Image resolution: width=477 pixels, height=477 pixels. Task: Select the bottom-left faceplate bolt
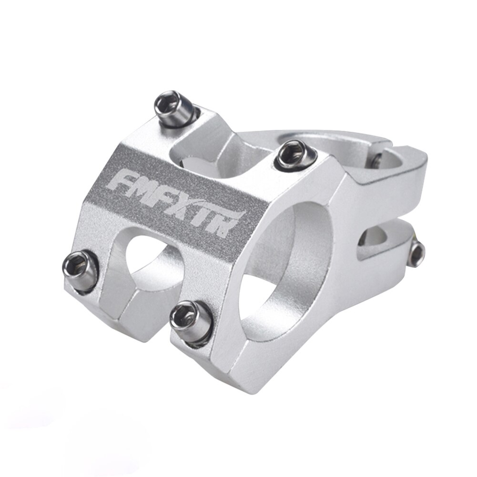[x=81, y=270]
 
